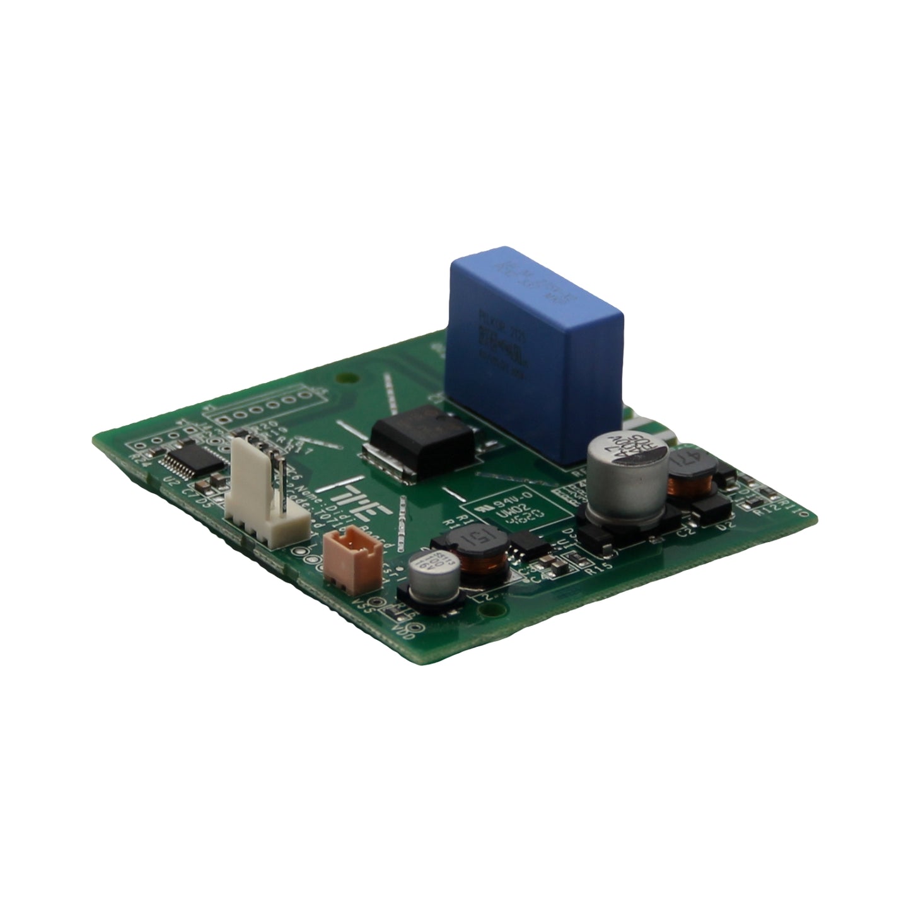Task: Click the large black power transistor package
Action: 421,441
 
